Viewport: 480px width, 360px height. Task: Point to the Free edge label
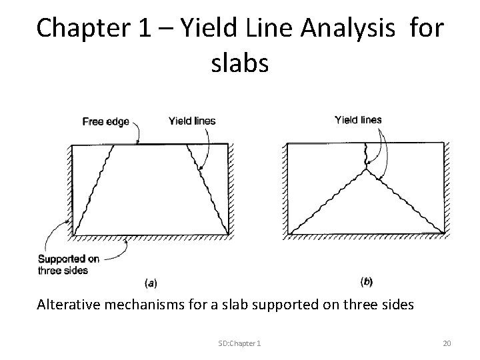tap(105, 121)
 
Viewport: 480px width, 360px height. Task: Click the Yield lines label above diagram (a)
tap(193, 121)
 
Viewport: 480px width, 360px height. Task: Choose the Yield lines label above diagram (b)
tap(359, 120)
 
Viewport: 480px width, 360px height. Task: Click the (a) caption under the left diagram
tap(151, 282)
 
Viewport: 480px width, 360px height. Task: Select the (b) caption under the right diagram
tap(366, 281)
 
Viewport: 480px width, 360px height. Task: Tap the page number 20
tap(447, 343)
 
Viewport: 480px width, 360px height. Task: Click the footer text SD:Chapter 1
tap(239, 343)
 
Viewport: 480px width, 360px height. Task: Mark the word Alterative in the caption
tap(67, 305)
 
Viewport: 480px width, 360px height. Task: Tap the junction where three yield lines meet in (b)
tap(366, 169)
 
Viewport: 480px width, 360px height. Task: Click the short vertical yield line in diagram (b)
tap(365, 156)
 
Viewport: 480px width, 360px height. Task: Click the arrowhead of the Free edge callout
tap(138, 143)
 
